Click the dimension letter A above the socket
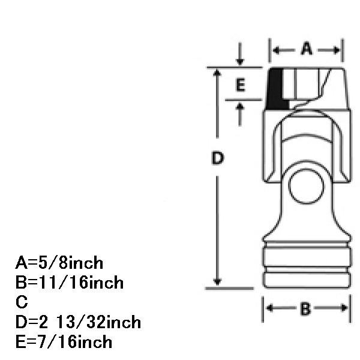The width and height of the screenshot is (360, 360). coord(307,49)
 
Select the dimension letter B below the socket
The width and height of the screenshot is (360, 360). coord(305,308)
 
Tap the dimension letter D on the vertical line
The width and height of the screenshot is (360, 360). coord(217,158)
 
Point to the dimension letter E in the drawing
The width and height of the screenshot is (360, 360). coord(241,85)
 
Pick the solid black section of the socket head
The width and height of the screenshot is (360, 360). coord(275,89)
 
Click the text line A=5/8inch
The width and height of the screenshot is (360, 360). coord(59,263)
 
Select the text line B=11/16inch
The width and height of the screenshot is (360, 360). coord(70,283)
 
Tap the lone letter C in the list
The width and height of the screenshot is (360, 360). coord(22,302)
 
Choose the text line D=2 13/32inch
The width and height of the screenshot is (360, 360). coord(78,322)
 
